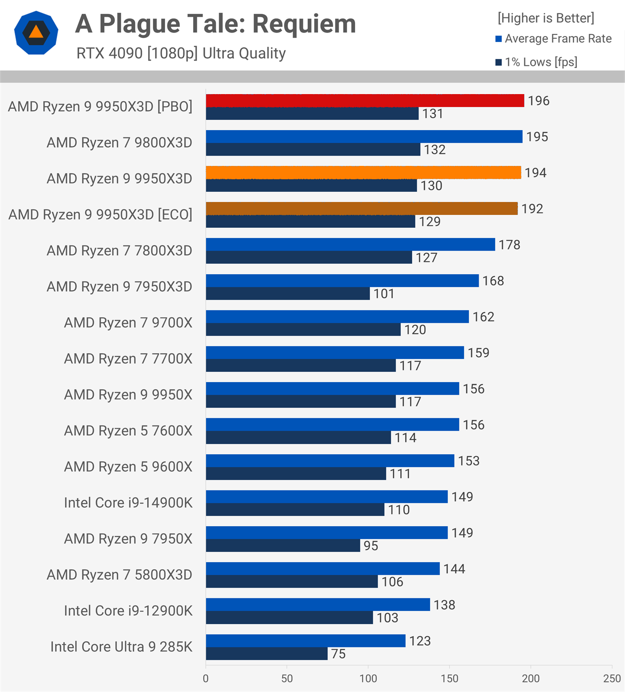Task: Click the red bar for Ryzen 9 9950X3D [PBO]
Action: (x=365, y=101)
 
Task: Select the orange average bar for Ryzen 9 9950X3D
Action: (x=363, y=173)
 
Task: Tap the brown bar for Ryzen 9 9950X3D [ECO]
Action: (x=361, y=209)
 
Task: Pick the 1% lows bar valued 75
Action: (x=267, y=654)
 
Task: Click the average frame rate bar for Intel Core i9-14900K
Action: (x=327, y=497)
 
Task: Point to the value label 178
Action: (x=509, y=245)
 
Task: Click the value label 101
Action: (x=384, y=294)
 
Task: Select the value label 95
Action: (x=371, y=546)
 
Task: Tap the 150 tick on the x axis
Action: (x=450, y=679)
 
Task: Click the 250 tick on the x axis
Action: (x=612, y=679)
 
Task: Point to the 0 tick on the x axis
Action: (x=206, y=679)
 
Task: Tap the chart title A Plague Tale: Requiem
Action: (x=215, y=24)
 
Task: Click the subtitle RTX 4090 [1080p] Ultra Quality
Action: (x=181, y=54)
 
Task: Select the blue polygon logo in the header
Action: (x=36, y=33)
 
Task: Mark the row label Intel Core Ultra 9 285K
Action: (x=121, y=647)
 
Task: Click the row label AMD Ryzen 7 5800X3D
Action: (x=120, y=575)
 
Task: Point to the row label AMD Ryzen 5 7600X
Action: (x=128, y=431)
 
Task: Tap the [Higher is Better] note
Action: (x=546, y=18)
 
